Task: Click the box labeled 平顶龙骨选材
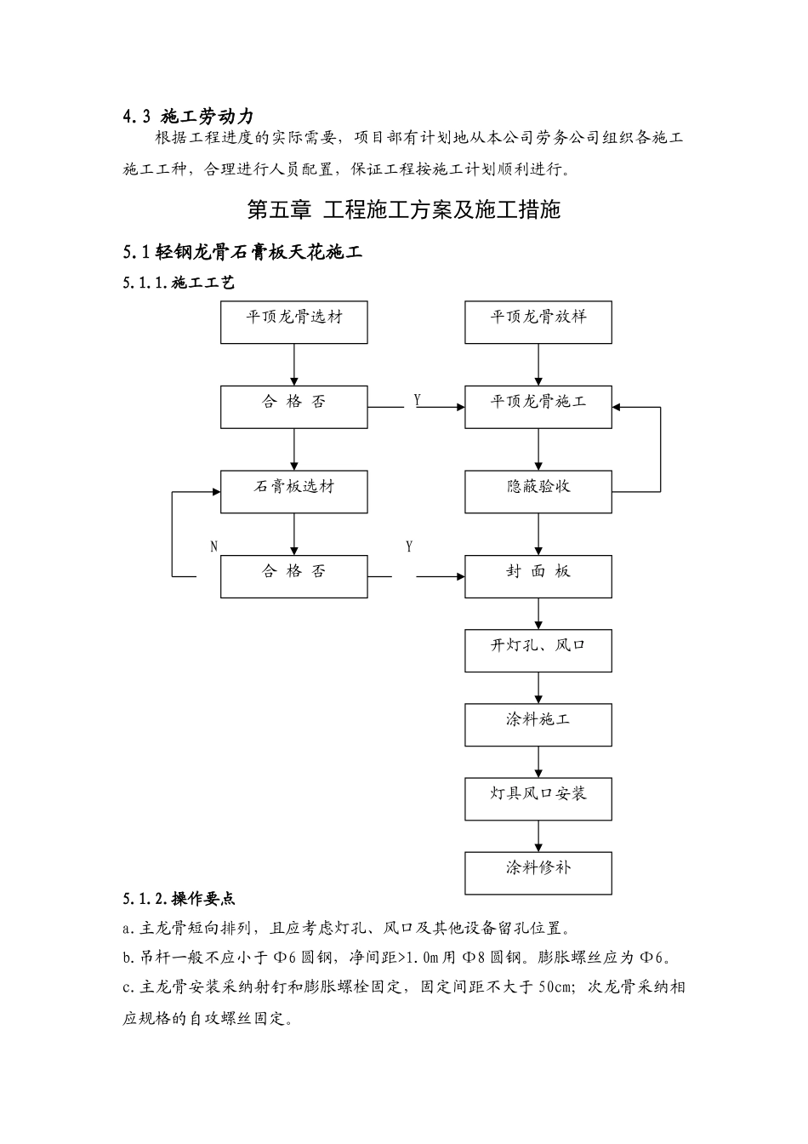(x=294, y=322)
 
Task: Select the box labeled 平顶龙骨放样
(x=538, y=322)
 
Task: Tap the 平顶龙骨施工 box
(x=538, y=407)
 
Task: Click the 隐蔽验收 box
(x=538, y=492)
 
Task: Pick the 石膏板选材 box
(x=294, y=492)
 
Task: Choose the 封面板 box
(x=538, y=576)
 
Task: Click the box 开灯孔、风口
(x=538, y=650)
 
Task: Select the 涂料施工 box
(x=538, y=724)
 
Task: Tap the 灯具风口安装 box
(x=538, y=798)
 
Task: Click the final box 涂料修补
(x=538, y=872)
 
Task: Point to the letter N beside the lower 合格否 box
(x=213, y=547)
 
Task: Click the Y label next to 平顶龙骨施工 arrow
(x=417, y=399)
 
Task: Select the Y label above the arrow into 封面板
(x=409, y=546)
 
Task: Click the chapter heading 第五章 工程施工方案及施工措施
(x=403, y=209)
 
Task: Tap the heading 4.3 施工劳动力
(x=188, y=117)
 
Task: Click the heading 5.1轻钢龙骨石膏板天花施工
(x=242, y=252)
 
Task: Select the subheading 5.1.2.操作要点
(x=179, y=899)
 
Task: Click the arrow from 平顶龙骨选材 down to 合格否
(x=294, y=364)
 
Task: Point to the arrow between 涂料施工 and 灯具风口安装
(x=538, y=762)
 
